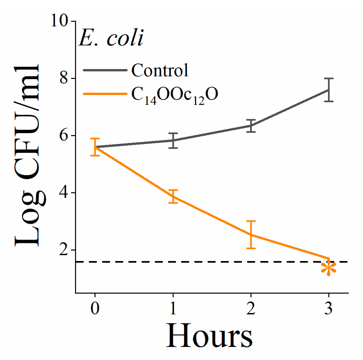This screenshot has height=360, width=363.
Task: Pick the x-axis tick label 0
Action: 95,308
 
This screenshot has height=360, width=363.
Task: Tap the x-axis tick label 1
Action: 173,308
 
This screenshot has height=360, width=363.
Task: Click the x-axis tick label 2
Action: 251,308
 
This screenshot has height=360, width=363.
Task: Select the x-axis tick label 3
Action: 329,308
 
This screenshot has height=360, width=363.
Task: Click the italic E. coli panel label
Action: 111,38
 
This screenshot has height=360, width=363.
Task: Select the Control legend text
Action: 160,70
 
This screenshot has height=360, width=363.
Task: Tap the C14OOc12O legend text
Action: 174,95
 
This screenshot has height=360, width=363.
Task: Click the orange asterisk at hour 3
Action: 329,269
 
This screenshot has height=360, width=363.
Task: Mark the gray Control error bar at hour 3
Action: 329,90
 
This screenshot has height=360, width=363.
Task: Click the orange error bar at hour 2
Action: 251,235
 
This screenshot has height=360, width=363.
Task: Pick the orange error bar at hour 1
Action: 173,197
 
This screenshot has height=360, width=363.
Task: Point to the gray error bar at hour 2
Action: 251,126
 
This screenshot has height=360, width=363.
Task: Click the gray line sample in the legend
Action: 105,70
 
